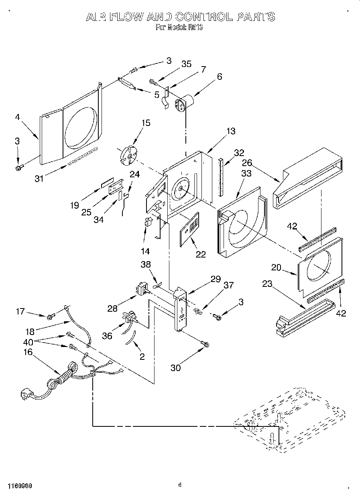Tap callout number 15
(146, 123)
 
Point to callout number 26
(247, 163)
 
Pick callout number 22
(200, 254)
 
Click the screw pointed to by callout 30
(205, 344)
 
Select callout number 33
(246, 173)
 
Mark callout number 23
(267, 284)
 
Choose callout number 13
(231, 131)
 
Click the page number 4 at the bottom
(180, 485)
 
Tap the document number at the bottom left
(19, 485)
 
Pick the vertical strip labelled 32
(220, 177)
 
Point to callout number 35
(186, 64)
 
